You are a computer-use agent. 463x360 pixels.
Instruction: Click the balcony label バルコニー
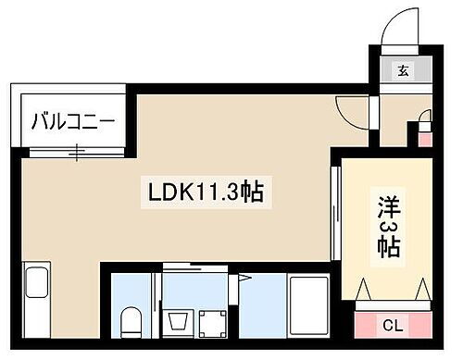point(72,120)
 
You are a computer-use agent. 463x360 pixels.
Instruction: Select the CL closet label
point(393,325)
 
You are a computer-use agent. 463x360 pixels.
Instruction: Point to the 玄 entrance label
point(404,70)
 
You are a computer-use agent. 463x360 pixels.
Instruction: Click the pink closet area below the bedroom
point(393,324)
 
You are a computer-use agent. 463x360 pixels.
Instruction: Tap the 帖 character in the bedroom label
point(388,248)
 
